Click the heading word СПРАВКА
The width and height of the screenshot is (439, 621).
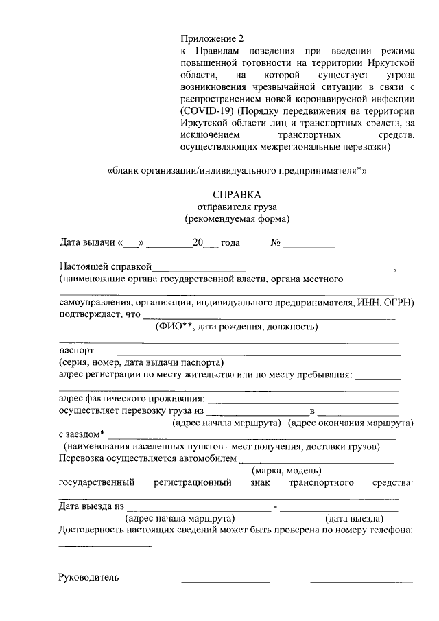237,195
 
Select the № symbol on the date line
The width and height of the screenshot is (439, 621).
276,242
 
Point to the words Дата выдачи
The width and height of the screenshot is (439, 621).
87,242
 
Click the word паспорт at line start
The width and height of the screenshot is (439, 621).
76,350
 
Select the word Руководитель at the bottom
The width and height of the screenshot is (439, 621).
89,577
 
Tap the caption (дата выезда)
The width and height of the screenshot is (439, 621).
354,518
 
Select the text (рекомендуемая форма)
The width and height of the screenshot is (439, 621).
237,219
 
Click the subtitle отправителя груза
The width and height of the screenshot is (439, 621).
237,207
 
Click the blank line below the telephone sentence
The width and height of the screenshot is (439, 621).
105,546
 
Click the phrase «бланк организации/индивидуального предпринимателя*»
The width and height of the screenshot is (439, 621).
237,170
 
